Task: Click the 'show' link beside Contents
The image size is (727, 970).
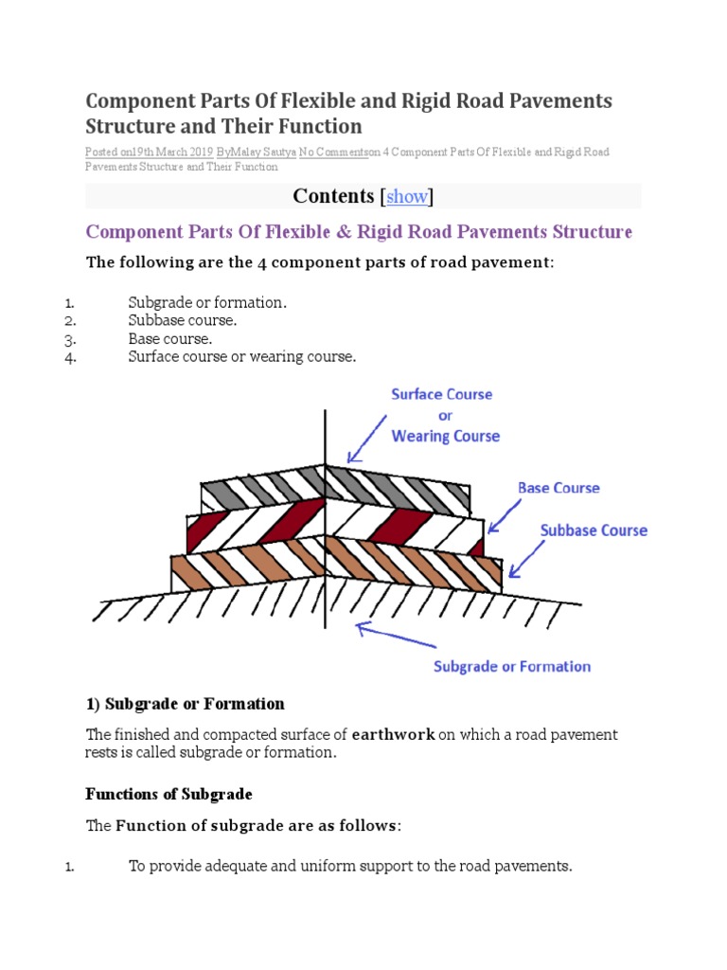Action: [407, 197]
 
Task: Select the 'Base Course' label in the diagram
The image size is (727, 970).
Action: [559, 488]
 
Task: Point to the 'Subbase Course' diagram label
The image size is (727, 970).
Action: [594, 530]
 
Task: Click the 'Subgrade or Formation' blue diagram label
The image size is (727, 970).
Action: [511, 667]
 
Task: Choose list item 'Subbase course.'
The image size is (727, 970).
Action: [183, 320]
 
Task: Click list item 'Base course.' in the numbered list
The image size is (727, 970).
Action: [170, 338]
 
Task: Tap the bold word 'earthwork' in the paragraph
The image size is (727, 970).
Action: [393, 734]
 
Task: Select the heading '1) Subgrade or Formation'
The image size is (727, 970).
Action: [186, 704]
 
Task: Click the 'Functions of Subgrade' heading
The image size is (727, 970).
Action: [169, 794]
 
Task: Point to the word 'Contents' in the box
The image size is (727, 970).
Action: [333, 196]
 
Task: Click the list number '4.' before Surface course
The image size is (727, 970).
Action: [70, 357]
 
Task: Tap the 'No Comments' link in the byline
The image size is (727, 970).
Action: [332, 152]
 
